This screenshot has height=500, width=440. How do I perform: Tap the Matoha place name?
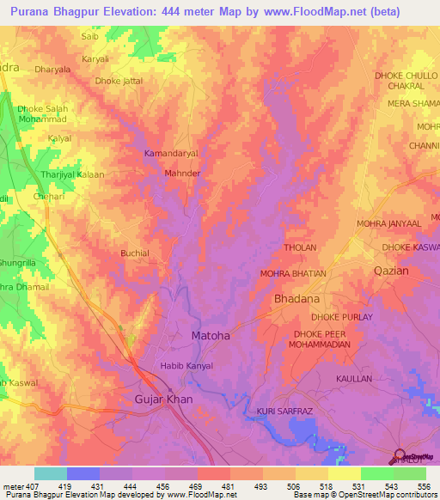210,336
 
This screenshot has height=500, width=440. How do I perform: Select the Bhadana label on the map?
296,299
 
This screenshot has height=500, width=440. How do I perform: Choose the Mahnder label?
182,173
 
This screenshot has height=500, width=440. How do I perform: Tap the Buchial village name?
135,253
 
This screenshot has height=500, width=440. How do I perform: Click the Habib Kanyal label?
186,366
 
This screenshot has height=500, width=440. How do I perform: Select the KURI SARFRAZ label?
286,412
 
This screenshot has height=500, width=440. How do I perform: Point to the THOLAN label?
300,247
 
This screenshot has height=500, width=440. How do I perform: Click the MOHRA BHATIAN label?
293,273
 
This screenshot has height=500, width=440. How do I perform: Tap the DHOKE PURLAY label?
342,317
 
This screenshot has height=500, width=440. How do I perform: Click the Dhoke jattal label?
119,81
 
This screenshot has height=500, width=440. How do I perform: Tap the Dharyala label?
51,69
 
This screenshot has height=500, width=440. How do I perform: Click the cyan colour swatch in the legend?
51,473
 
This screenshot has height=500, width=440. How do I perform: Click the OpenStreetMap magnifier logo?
398,456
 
